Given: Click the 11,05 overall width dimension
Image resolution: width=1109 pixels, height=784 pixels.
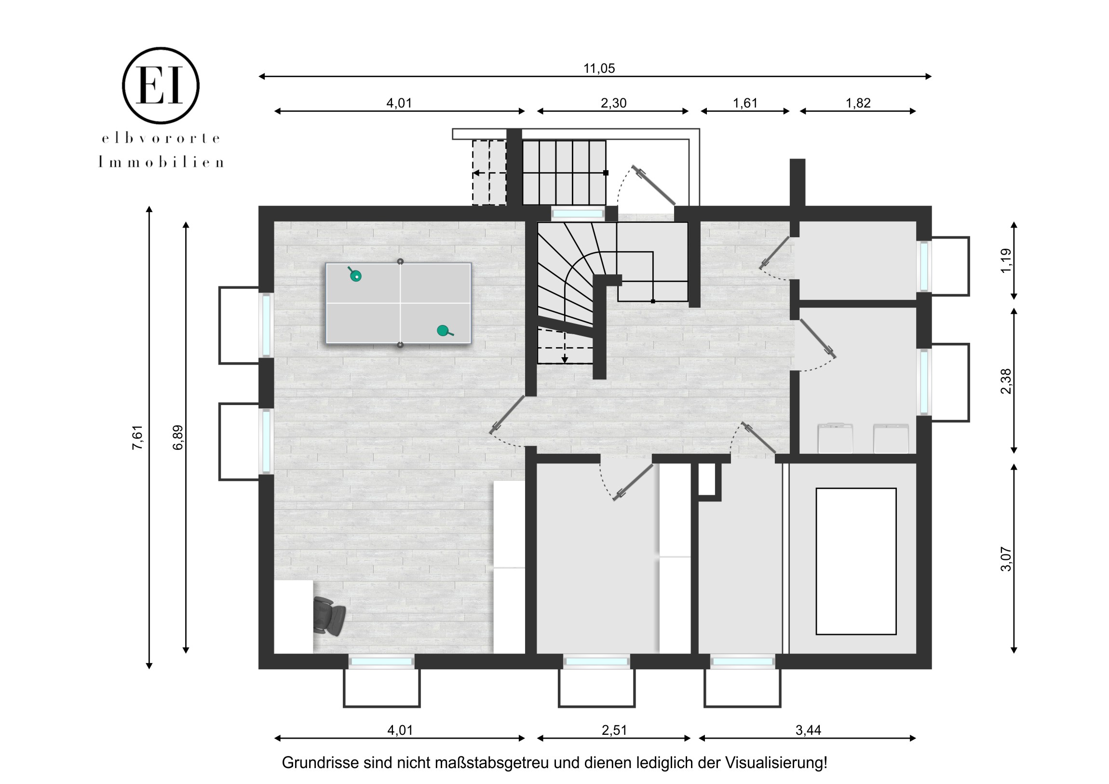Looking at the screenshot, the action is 599,68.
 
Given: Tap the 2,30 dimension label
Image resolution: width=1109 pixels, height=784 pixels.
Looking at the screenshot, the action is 613,103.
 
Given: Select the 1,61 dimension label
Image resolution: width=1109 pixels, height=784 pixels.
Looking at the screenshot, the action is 745,103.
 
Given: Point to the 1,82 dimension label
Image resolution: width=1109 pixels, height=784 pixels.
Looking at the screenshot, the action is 858,103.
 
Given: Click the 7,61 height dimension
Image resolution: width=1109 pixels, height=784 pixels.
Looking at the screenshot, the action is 137,438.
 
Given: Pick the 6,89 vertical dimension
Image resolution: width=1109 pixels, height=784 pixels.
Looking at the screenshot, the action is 178,438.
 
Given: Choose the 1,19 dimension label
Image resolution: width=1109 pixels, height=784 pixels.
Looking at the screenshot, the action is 1006,260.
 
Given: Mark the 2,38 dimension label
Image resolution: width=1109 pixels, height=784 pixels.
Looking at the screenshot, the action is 1006,381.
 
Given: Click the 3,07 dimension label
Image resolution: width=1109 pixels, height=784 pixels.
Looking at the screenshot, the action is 1006,559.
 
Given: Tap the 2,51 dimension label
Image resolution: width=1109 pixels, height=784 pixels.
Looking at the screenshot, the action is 614,730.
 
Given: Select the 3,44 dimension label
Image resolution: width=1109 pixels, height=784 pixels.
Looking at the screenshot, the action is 808,730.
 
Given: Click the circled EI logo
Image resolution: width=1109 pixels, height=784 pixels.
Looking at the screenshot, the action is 161,85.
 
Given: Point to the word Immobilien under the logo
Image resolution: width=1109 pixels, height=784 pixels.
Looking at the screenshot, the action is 161,162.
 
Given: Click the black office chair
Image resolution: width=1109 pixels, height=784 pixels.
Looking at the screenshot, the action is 329,614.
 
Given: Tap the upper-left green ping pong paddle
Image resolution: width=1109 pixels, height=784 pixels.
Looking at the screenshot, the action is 354,274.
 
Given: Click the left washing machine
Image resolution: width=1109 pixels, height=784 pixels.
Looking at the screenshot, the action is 835,438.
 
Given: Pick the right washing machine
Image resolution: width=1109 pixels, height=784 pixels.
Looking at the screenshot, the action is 891,438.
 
